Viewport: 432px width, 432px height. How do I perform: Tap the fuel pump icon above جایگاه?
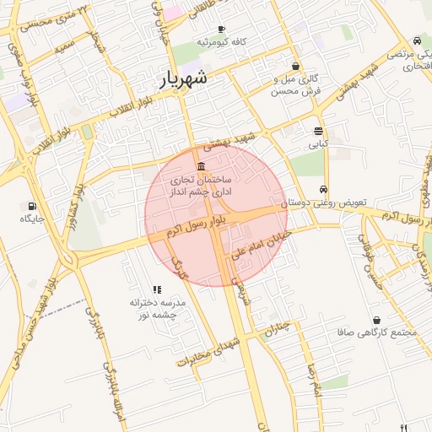point(32,205)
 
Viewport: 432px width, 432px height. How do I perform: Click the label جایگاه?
point(32,219)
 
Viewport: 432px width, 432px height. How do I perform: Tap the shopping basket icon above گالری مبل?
point(295,66)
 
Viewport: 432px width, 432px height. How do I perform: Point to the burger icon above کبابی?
point(318,131)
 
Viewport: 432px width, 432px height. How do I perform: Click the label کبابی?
point(318,144)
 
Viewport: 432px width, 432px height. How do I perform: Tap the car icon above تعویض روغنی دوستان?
point(324,190)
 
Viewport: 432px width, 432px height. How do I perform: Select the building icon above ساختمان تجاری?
point(200,165)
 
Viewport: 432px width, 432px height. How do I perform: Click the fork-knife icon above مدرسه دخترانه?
point(157,289)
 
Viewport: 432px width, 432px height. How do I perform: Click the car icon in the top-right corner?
point(417,40)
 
